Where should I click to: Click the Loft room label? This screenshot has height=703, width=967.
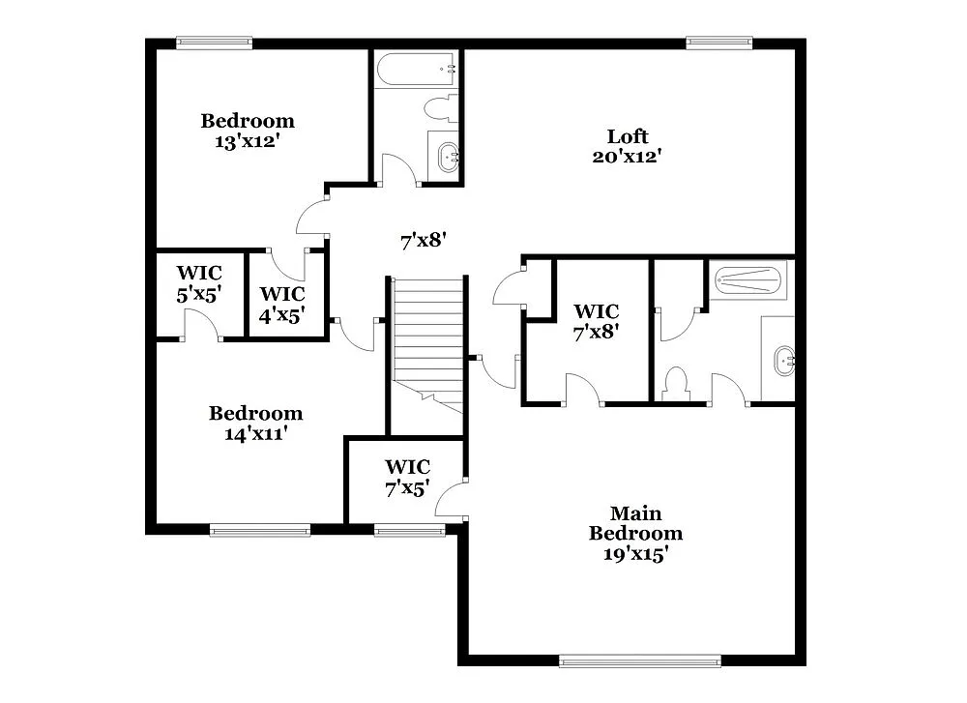pos(628,136)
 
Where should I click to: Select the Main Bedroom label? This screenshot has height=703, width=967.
pos(635,523)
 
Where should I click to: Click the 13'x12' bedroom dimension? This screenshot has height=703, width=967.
pos(248,140)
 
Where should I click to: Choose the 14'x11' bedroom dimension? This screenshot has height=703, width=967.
pos(255,433)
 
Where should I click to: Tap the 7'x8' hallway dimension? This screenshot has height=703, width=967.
pos(423,241)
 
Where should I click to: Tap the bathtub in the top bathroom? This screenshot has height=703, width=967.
pos(417,70)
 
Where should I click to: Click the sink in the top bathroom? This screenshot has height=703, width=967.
pos(448,156)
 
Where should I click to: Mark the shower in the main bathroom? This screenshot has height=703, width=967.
pos(747,280)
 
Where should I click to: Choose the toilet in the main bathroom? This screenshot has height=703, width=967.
pos(674,382)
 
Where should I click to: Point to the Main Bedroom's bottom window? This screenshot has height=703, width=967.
pos(640,661)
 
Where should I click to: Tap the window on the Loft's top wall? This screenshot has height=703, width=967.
pos(719,43)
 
